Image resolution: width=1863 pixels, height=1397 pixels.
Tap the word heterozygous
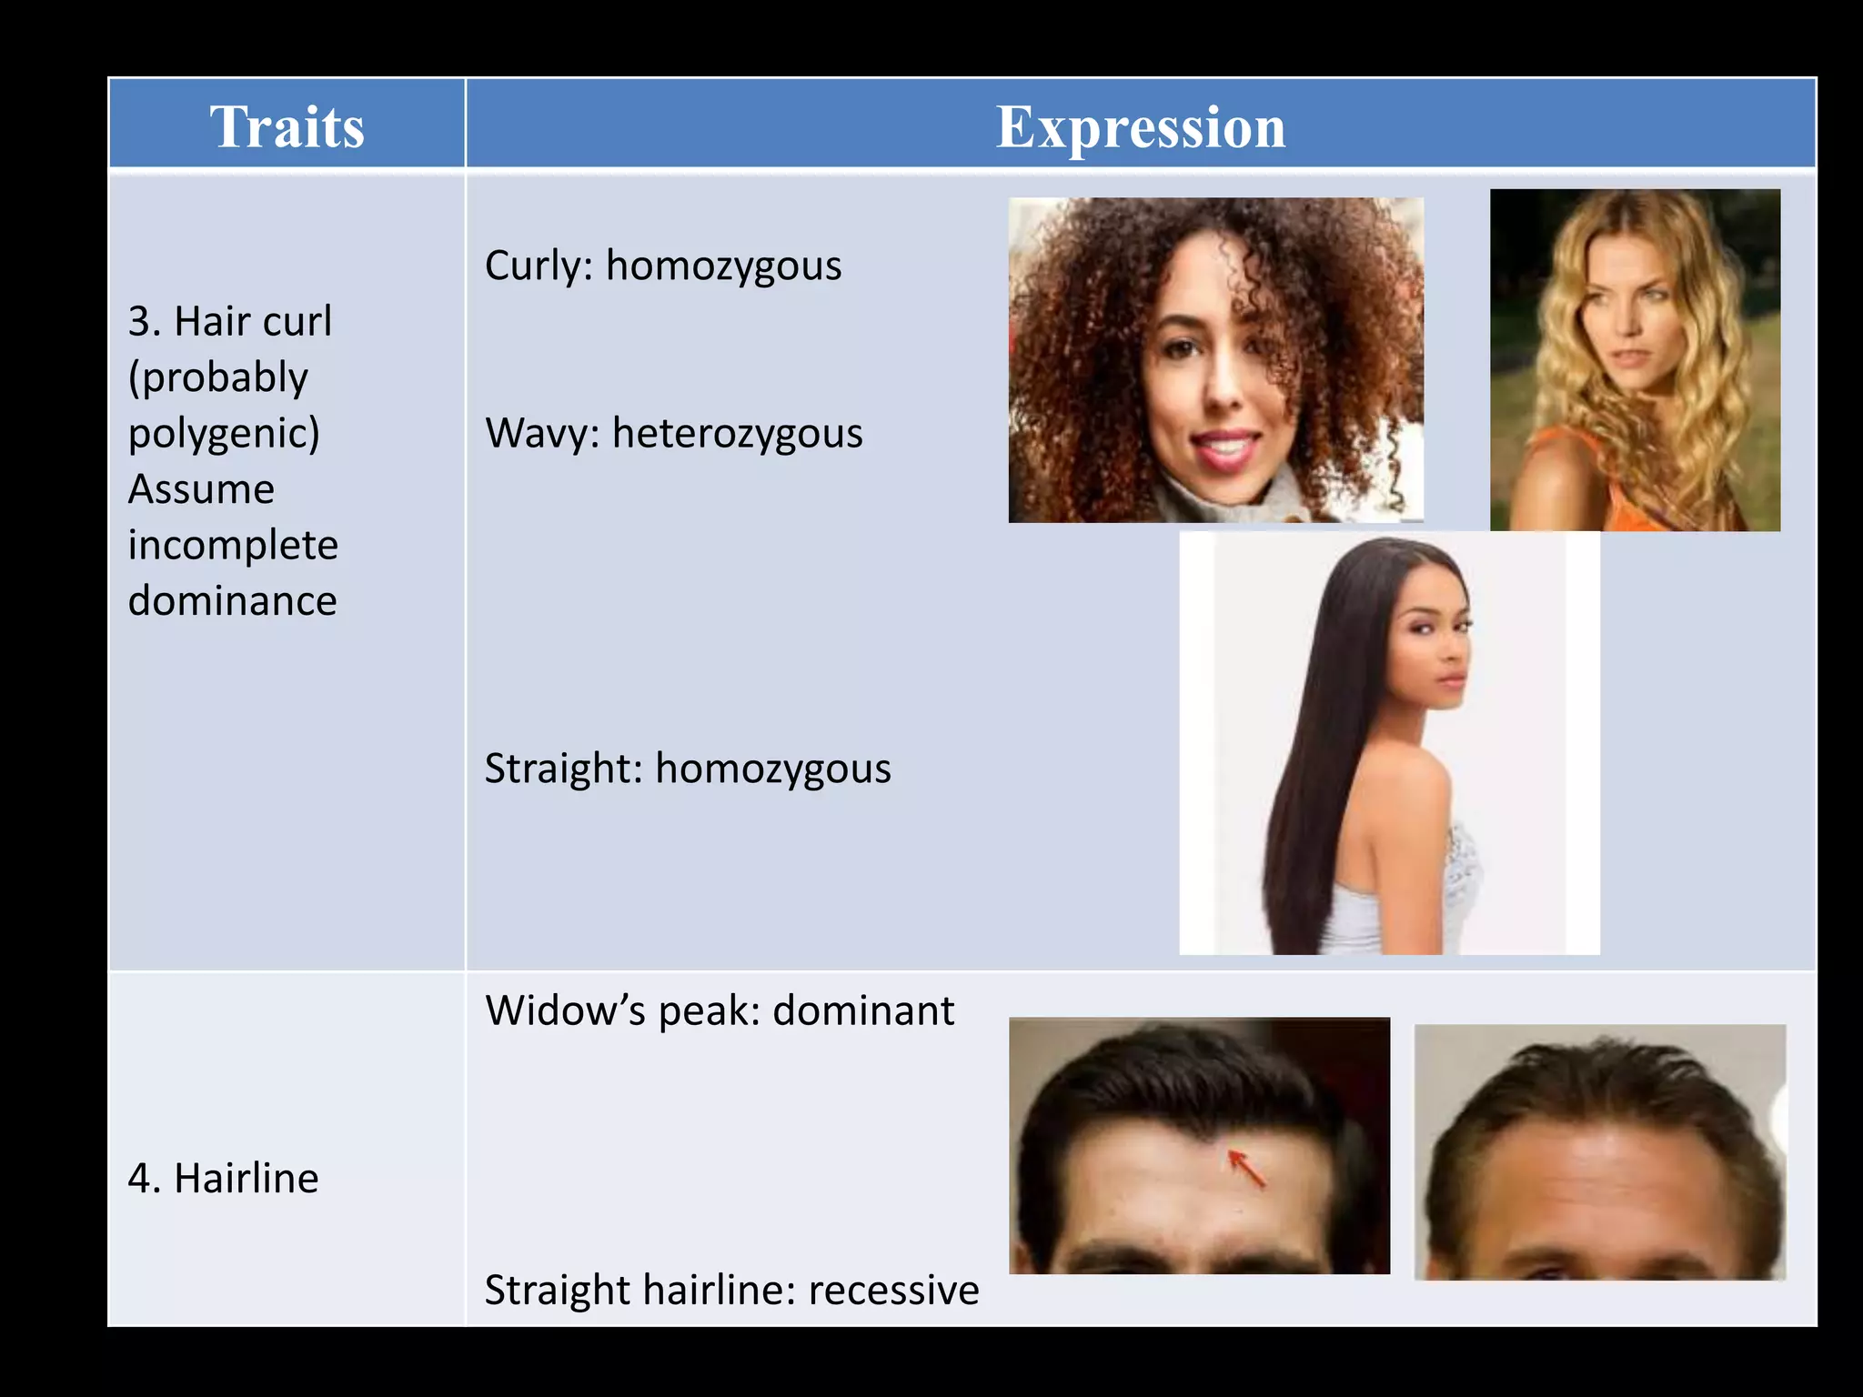click(737, 433)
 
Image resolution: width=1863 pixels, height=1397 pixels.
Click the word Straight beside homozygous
click(563, 769)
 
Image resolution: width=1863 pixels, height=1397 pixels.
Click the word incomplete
click(233, 546)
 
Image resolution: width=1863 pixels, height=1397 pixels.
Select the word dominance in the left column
click(232, 601)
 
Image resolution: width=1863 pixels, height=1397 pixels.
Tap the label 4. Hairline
click(223, 1179)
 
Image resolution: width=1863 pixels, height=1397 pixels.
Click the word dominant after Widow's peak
click(863, 1010)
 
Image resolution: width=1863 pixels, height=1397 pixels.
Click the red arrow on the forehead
click(1247, 1169)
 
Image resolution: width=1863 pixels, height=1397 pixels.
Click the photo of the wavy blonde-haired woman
click(1635, 359)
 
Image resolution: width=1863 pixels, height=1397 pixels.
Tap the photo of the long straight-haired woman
click(1389, 742)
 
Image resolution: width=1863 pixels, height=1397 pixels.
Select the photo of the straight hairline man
click(1599, 1151)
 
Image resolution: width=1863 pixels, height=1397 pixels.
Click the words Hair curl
click(253, 322)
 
